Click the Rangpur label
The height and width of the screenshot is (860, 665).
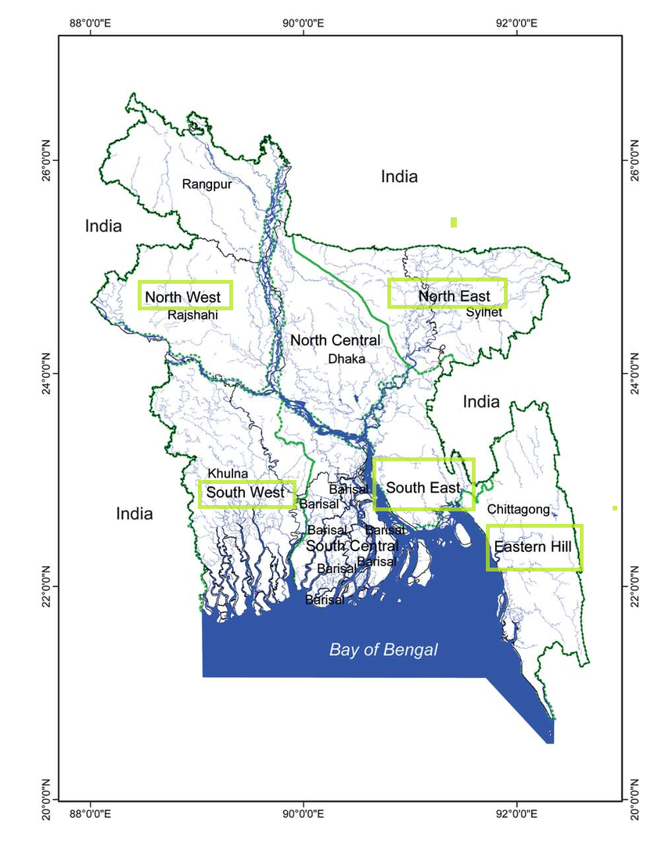coord(207,185)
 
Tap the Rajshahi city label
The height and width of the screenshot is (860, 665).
coord(192,315)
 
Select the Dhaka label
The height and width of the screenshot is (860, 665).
coord(347,359)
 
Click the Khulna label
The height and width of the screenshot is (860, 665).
coord(228,474)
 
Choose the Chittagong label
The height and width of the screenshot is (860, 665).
coord(518,509)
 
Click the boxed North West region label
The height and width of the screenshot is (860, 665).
coord(185,296)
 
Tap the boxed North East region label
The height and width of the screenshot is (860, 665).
coord(448,294)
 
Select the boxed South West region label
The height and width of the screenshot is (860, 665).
coord(246,493)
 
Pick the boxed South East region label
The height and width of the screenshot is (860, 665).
coord(423,488)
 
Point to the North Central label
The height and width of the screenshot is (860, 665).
coord(335,340)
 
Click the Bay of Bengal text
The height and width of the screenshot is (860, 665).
coord(383,650)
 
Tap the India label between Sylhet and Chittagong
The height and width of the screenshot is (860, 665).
coord(480,402)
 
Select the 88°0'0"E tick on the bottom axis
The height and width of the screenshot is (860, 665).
coord(91,813)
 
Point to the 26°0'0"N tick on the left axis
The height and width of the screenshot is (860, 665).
coord(45,160)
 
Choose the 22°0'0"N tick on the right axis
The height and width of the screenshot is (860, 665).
coord(634,586)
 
